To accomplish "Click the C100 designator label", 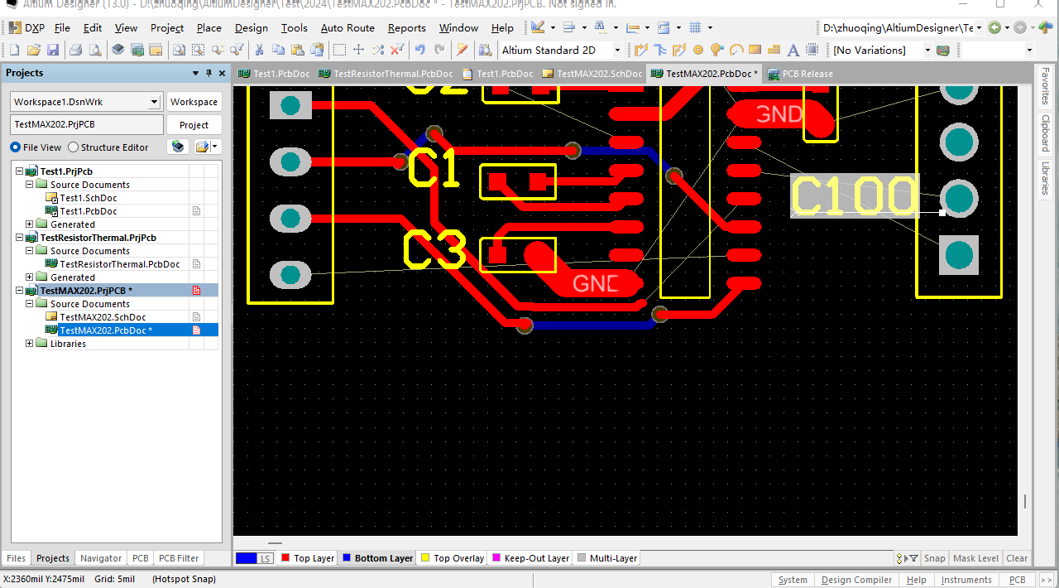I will click(x=854, y=197).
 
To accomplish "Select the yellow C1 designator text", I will click(x=434, y=169).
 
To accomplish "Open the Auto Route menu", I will click(x=347, y=28).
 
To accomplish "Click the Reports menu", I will click(x=406, y=28).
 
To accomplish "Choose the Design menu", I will click(x=251, y=28).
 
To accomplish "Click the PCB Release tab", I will click(x=807, y=74).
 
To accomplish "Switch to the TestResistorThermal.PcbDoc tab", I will click(x=392, y=74).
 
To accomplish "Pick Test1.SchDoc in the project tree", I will click(x=89, y=198).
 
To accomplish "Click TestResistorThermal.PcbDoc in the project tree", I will click(x=120, y=264).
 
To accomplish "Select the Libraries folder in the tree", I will click(x=68, y=344).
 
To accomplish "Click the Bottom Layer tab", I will click(x=383, y=558).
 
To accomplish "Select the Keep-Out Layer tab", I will click(x=536, y=558).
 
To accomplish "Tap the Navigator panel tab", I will click(x=101, y=558).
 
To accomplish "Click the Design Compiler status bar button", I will click(x=856, y=580).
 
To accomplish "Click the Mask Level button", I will click(x=975, y=558).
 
